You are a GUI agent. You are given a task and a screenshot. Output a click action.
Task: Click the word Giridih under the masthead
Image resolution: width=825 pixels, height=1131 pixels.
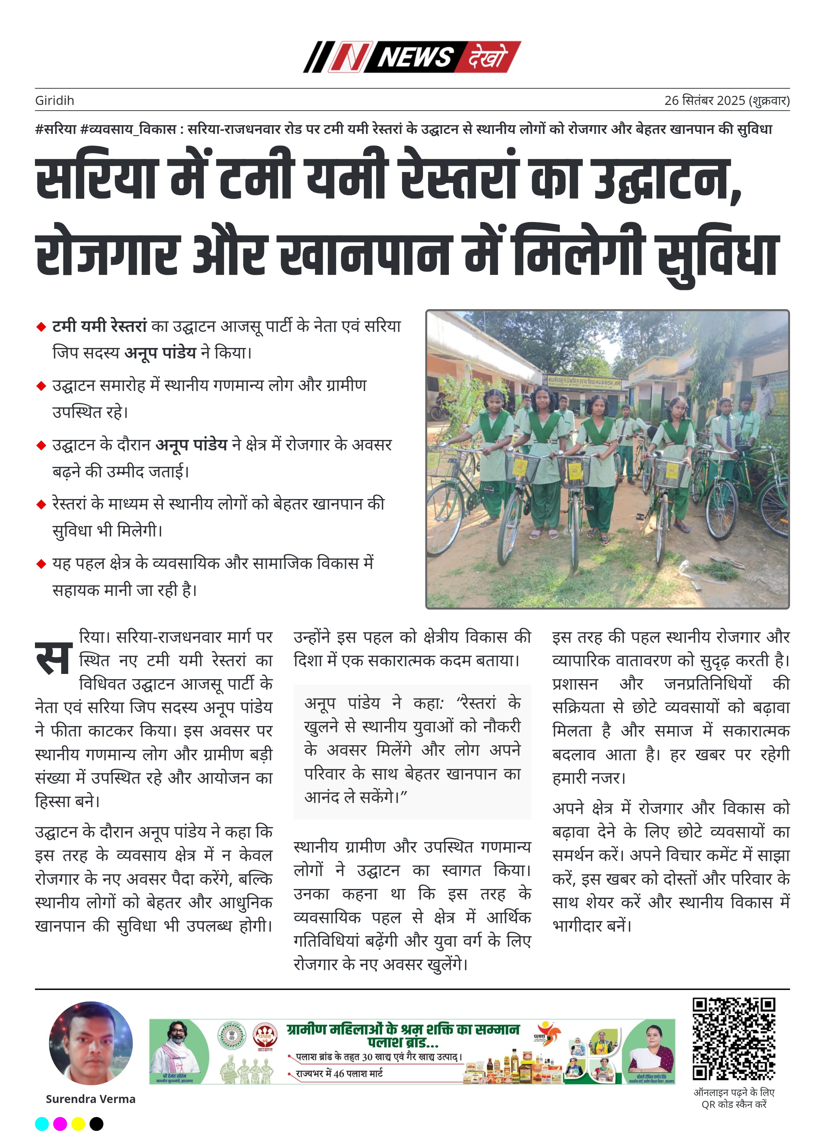pyautogui.click(x=55, y=100)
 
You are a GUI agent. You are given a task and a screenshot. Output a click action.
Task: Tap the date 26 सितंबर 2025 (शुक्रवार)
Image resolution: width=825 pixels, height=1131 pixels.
pyautogui.click(x=727, y=100)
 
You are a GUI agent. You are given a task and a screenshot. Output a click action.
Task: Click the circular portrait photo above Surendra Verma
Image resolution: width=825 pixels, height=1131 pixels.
pyautogui.click(x=91, y=1044)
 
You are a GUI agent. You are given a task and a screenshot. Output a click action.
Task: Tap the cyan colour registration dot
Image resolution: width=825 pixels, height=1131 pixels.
pyautogui.click(x=42, y=1124)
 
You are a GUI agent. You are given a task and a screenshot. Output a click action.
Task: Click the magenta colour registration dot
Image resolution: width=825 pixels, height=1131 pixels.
pyautogui.click(x=60, y=1124)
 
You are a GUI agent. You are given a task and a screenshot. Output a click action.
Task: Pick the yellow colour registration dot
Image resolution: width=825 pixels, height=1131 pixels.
pyautogui.click(x=78, y=1124)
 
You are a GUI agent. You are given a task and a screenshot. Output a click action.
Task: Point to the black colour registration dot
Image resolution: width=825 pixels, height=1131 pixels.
pyautogui.click(x=96, y=1124)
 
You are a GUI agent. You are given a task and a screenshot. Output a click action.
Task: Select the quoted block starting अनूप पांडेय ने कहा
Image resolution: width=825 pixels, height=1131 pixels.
pyautogui.click(x=412, y=750)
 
